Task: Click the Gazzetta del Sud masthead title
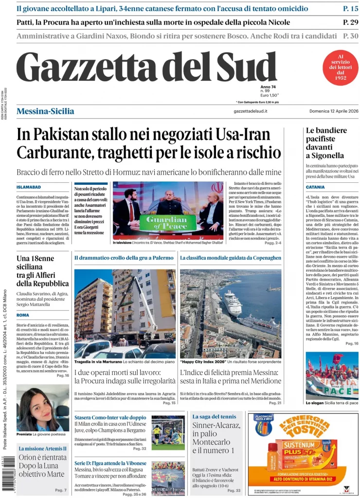click(x=146, y=67)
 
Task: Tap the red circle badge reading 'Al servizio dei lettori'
click(x=341, y=68)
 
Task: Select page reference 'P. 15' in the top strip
click(x=350, y=8)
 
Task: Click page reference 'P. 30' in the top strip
click(x=350, y=36)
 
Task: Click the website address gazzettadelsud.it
click(x=251, y=112)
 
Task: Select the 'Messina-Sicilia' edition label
click(x=45, y=111)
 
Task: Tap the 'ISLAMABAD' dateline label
click(x=29, y=187)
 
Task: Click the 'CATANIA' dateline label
click(x=315, y=187)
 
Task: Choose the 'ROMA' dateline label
click(x=23, y=315)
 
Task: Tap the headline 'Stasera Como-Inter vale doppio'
click(x=110, y=417)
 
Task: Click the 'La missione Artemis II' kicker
click(x=42, y=448)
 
